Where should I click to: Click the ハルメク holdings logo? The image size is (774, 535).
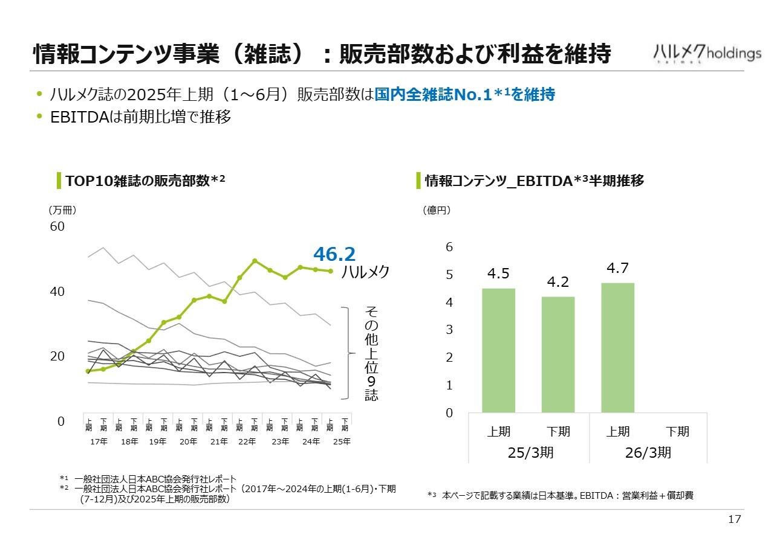tap(707, 53)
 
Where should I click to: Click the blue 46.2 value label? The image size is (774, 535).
tap(334, 255)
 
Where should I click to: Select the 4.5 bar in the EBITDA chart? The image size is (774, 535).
tap(498, 350)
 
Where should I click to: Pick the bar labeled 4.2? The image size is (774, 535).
tap(558, 354)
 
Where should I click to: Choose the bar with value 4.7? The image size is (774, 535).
tap(617, 347)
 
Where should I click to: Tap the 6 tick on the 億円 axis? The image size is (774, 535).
tap(449, 247)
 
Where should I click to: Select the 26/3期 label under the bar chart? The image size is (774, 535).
tap(648, 453)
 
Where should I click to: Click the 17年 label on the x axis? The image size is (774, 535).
tap(99, 441)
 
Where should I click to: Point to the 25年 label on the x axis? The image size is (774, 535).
tap(342, 441)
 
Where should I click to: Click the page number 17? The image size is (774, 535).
tap(735, 520)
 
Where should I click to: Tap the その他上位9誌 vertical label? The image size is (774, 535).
tap(371, 353)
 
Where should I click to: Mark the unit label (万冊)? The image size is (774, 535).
tap(62, 210)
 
